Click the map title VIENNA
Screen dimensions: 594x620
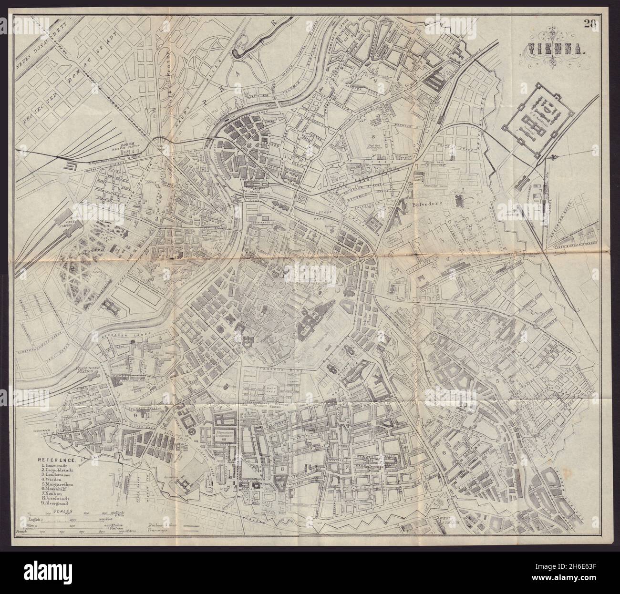[550, 49]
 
